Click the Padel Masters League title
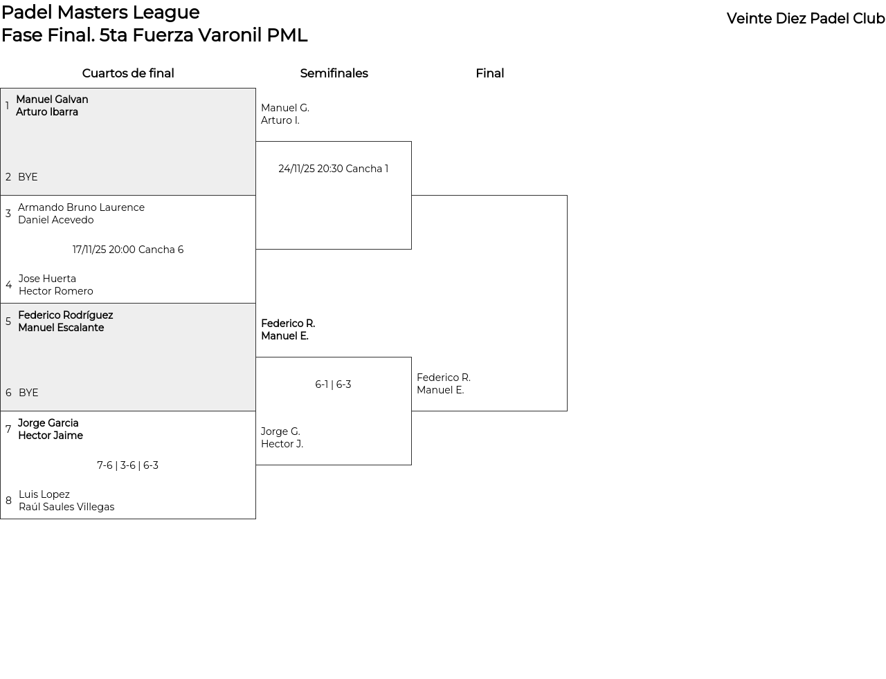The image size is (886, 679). pos(100,12)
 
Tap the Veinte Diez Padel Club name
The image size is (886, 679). pos(805,19)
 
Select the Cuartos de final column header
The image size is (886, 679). pos(128,73)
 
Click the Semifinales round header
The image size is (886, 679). pos(334,73)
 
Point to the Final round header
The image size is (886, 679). pos(489,73)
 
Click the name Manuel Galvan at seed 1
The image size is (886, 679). pos(52,100)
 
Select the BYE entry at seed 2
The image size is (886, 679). pos(28,177)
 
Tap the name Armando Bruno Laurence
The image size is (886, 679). pos(81,207)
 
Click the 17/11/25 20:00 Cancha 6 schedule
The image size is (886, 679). pos(128,250)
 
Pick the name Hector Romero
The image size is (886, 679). pos(55,291)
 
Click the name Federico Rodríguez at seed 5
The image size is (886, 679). pos(65,315)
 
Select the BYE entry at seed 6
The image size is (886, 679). pos(28,393)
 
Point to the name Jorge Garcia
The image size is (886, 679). pos(48,423)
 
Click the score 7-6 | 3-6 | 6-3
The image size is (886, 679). pos(127,465)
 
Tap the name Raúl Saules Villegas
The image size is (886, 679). pos(66,507)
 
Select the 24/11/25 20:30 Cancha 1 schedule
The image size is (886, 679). pos(333,169)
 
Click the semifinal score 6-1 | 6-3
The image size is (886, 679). pos(333,384)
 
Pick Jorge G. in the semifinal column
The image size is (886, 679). pos(280,431)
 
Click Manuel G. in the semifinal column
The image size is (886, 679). pos(284,108)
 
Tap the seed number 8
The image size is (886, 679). pos(8,501)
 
